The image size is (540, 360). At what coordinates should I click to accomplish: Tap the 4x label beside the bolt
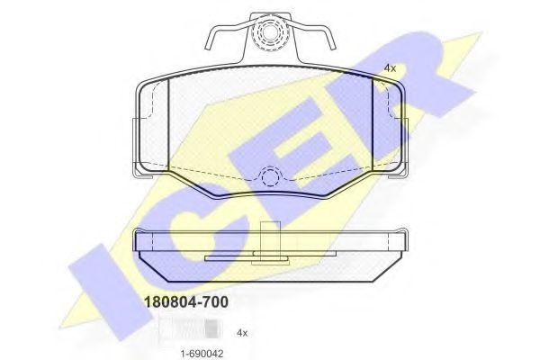[x=241, y=333]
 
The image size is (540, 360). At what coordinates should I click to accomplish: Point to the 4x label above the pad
[x=389, y=67]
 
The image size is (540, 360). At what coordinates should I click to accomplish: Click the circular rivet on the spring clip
[x=269, y=36]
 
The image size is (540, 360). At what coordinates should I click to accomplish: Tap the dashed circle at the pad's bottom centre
[x=269, y=177]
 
